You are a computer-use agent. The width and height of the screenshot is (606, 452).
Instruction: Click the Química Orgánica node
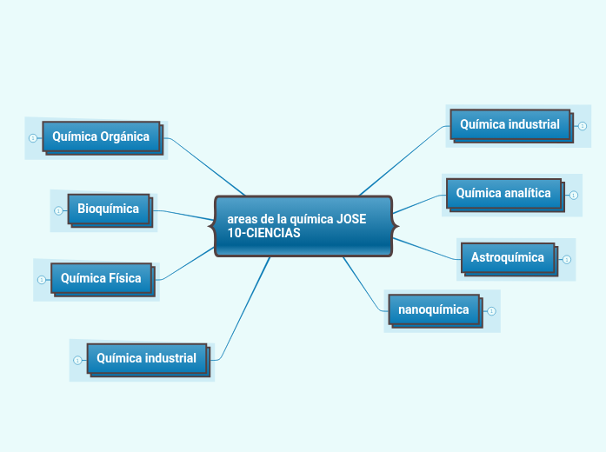point(101,136)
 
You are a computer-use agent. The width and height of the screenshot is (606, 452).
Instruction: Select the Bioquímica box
point(108,209)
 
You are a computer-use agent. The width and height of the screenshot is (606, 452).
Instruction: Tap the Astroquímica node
point(508,257)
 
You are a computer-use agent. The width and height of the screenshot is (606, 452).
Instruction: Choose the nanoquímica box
point(433,309)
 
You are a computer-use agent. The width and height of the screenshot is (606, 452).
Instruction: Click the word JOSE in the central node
point(350,219)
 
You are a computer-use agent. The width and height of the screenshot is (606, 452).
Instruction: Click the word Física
point(125,279)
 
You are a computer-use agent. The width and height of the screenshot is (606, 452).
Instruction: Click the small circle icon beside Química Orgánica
point(33,137)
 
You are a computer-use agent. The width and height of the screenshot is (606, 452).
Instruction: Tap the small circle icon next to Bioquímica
point(58,209)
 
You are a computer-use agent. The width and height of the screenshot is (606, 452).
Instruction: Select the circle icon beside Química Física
point(42,280)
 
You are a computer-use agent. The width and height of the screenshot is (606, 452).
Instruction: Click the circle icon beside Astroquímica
point(567,259)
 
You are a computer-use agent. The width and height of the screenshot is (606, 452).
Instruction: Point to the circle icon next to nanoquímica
point(492,310)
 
